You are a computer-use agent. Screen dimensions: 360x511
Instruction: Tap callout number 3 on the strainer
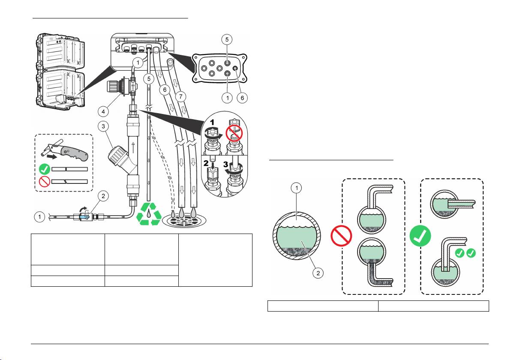102,127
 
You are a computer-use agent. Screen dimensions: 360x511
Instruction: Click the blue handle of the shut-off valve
86,217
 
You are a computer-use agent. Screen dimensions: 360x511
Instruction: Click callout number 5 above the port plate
228,39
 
